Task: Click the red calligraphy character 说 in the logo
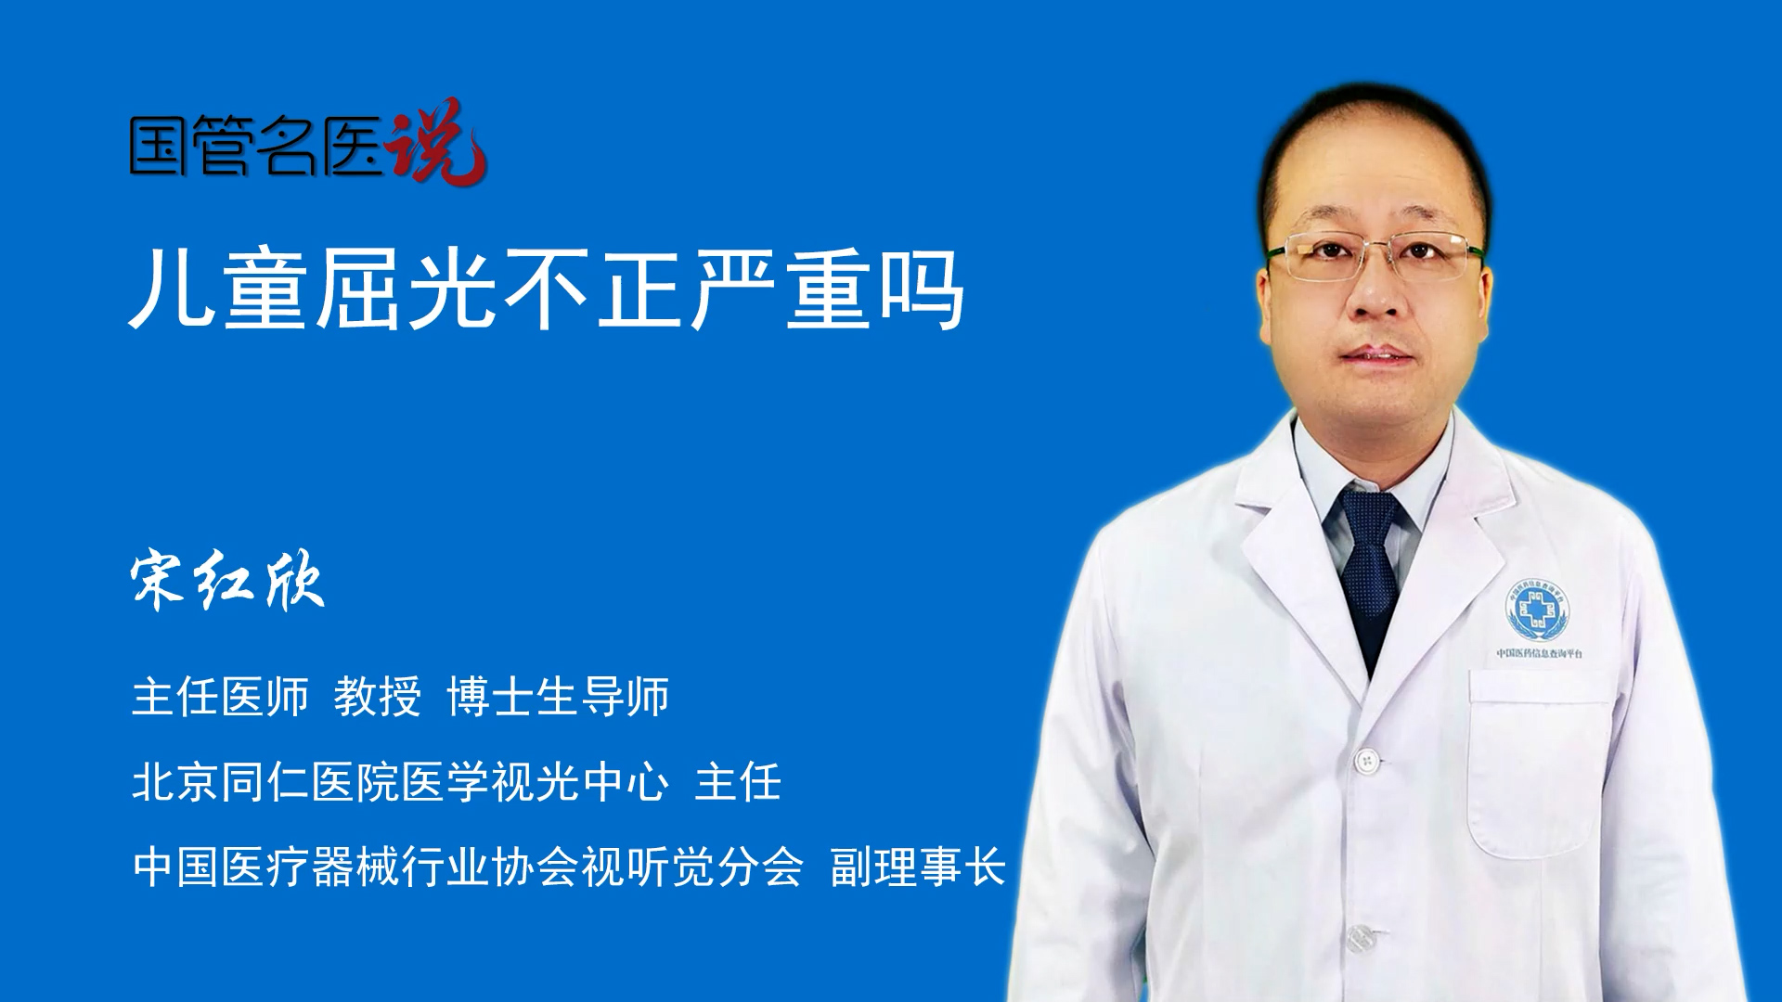click(x=436, y=142)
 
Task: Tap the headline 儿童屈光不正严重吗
click(x=547, y=290)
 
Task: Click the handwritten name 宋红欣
click(x=228, y=582)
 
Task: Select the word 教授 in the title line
click(x=378, y=696)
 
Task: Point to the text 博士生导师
click(x=558, y=696)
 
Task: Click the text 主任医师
click(x=220, y=696)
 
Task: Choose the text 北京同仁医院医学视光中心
click(x=400, y=781)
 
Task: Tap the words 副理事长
click(x=918, y=867)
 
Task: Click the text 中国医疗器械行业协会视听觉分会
click(x=468, y=867)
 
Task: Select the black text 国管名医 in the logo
click(x=256, y=146)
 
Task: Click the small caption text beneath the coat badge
click(x=1540, y=653)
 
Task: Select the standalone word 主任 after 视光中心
click(x=738, y=781)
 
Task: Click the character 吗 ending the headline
click(x=923, y=290)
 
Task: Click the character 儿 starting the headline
click(x=171, y=290)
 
